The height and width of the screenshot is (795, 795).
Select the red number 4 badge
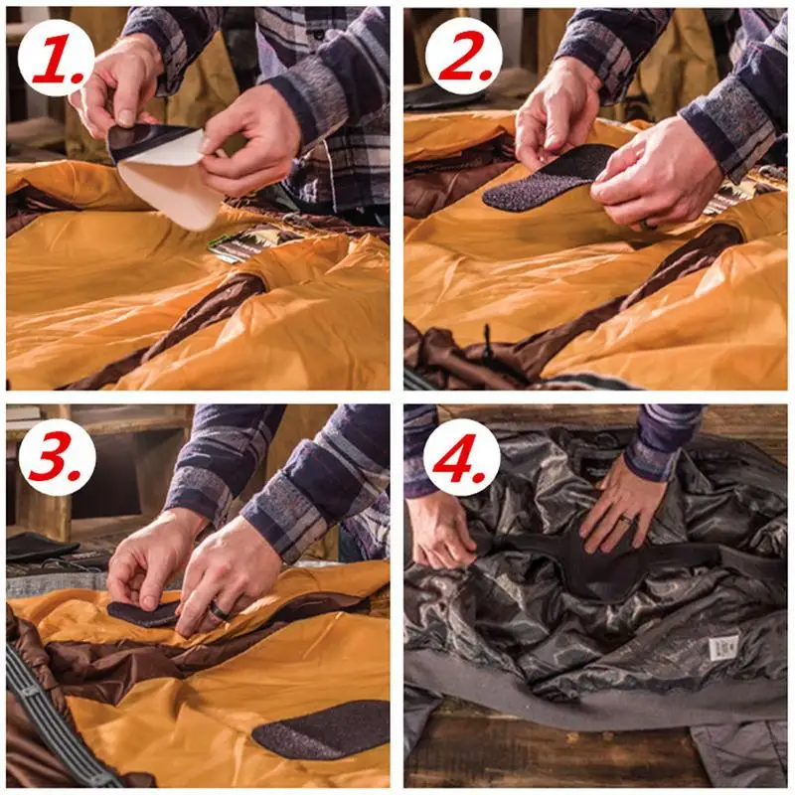click(462, 458)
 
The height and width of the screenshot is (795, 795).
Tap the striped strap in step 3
click(51, 719)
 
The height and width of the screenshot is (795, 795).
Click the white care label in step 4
click(723, 648)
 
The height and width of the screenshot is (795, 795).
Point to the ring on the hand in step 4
click(629, 519)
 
